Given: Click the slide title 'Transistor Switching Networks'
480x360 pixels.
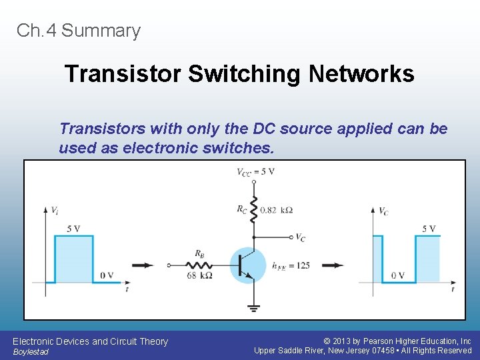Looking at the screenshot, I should click(x=239, y=74).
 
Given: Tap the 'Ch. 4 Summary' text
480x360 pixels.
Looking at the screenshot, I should click(x=79, y=31).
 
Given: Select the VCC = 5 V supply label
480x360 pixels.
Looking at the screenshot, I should click(x=255, y=172).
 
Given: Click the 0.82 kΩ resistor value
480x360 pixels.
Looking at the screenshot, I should click(x=276, y=210).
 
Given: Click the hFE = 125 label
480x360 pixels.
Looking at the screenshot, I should click(x=291, y=265).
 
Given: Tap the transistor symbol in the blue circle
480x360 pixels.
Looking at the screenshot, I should click(x=246, y=265).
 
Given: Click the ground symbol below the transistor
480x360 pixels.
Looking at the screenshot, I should click(x=253, y=308).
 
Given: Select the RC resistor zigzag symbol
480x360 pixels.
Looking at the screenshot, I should click(x=253, y=209).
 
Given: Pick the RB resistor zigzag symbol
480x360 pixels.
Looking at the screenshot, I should click(x=199, y=265).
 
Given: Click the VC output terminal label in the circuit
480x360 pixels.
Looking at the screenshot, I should click(x=301, y=237).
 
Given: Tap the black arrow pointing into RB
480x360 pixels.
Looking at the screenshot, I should click(x=142, y=265).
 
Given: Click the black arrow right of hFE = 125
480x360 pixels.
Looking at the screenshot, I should click(x=332, y=265).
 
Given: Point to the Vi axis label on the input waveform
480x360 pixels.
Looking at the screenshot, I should click(x=55, y=210).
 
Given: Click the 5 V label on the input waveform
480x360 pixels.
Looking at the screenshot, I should click(x=74, y=229).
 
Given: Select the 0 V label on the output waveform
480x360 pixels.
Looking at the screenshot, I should click(x=398, y=275).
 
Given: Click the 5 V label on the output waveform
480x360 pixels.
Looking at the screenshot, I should click(x=429, y=229).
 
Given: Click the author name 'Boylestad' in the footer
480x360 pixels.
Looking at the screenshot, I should click(x=31, y=352).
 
